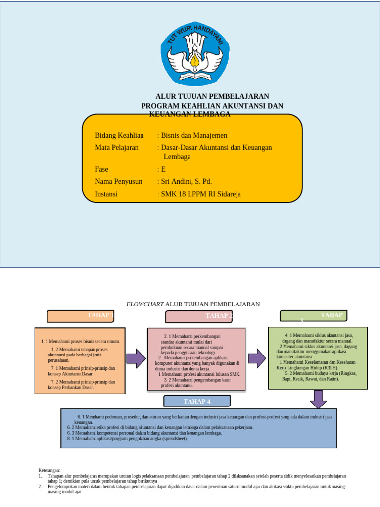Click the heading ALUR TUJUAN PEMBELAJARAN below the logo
[212, 96]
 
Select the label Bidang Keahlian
[119, 135]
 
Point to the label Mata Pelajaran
[117, 147]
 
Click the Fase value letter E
[163, 169]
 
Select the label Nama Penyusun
[119, 182]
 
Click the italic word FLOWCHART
[145, 304]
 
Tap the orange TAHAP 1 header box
[80, 316]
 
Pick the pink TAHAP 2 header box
[198, 316]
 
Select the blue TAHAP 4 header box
[197, 401]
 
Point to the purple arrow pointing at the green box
[257, 358]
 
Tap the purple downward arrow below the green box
[318, 399]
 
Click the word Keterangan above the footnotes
[49, 470]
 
